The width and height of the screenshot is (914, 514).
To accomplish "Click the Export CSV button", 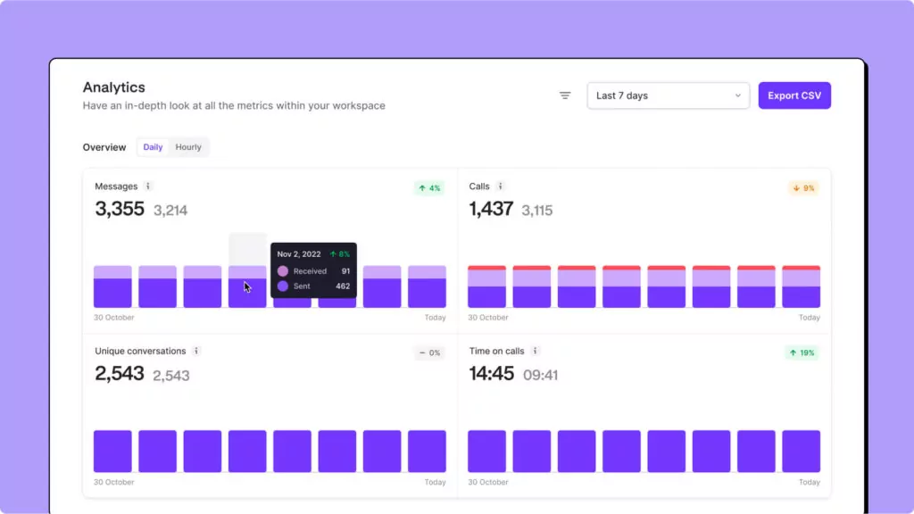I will (x=794, y=95).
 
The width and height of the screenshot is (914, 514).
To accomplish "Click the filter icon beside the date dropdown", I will (x=565, y=95).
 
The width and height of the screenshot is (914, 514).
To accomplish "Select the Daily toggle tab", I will (x=153, y=147).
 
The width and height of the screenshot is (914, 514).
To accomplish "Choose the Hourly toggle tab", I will (x=188, y=147).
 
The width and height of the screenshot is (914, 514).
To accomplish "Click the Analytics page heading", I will (x=114, y=87).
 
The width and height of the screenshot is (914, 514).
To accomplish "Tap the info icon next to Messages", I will (x=148, y=187).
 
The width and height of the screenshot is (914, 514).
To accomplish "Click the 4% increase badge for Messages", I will (x=429, y=188).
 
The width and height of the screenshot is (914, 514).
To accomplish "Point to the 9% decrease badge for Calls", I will (x=803, y=188).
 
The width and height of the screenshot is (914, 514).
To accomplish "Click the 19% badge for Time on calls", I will (x=802, y=352).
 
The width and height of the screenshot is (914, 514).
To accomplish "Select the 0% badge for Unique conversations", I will (x=429, y=352).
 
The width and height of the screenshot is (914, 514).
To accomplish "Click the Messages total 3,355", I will (x=120, y=209).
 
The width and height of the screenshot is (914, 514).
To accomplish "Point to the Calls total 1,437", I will (x=491, y=209).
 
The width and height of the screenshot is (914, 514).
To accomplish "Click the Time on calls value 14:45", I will (x=492, y=373).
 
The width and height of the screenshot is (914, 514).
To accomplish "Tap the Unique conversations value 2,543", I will (x=120, y=373).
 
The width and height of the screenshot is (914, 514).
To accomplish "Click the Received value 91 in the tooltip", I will (x=345, y=271).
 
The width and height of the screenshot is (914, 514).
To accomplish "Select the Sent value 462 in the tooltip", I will (x=342, y=286).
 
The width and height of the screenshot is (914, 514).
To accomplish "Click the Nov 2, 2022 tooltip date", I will (x=299, y=254).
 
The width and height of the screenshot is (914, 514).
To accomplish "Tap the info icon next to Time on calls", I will (x=536, y=351).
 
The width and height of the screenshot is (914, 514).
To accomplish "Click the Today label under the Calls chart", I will (x=809, y=318).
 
